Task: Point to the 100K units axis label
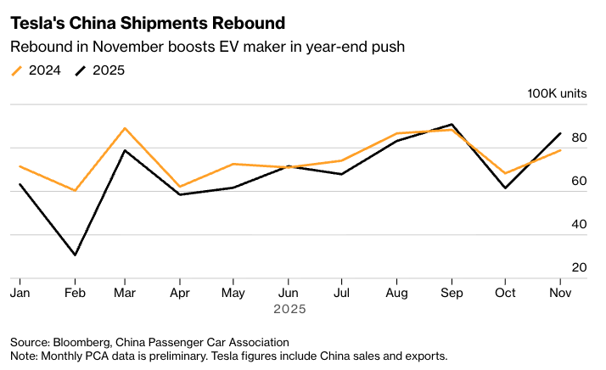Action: coord(557,93)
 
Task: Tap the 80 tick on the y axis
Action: coord(580,137)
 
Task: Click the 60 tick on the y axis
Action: coord(580,181)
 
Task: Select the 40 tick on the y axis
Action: coord(580,224)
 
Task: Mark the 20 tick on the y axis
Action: coord(580,267)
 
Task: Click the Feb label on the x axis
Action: coord(76,293)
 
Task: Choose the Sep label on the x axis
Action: coord(451,293)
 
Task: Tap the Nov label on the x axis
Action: coord(560,293)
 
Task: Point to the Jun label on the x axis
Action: coord(289,293)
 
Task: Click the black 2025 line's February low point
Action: coord(76,255)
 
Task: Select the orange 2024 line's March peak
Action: coord(125,128)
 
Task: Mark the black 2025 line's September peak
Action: coord(452,124)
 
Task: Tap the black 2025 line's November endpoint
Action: coord(560,133)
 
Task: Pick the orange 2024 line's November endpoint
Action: coord(560,150)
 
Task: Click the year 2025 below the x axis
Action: coord(289,310)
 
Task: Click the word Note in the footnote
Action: coord(24,356)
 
